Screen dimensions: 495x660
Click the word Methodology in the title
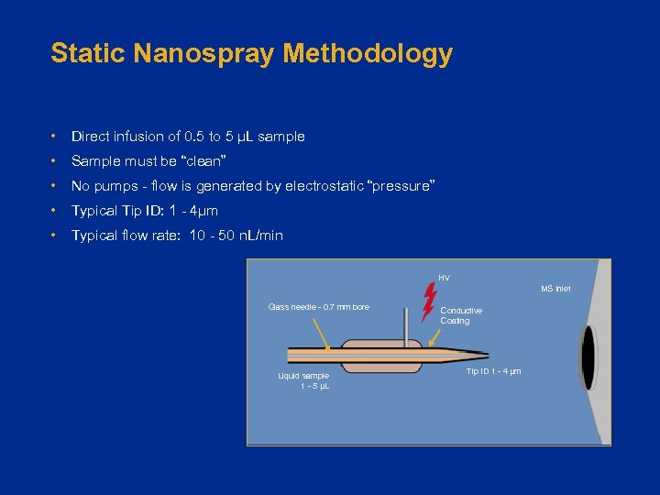[368, 53]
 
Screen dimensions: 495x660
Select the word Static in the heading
[87, 53]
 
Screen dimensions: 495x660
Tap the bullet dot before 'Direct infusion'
[56, 137]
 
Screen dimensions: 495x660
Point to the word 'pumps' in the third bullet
[115, 186]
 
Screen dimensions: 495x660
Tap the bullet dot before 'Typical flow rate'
[56, 236]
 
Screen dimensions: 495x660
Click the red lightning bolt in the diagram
[428, 302]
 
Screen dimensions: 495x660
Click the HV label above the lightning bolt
[444, 278]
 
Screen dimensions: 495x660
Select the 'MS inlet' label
[555, 289]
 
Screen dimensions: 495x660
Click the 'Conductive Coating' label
[460, 315]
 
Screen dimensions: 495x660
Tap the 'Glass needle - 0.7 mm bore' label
[318, 307]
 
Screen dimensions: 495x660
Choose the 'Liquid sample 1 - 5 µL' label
[303, 380]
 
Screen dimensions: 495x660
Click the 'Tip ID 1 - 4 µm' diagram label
[493, 371]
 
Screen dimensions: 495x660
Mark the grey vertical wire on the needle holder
[406, 324]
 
